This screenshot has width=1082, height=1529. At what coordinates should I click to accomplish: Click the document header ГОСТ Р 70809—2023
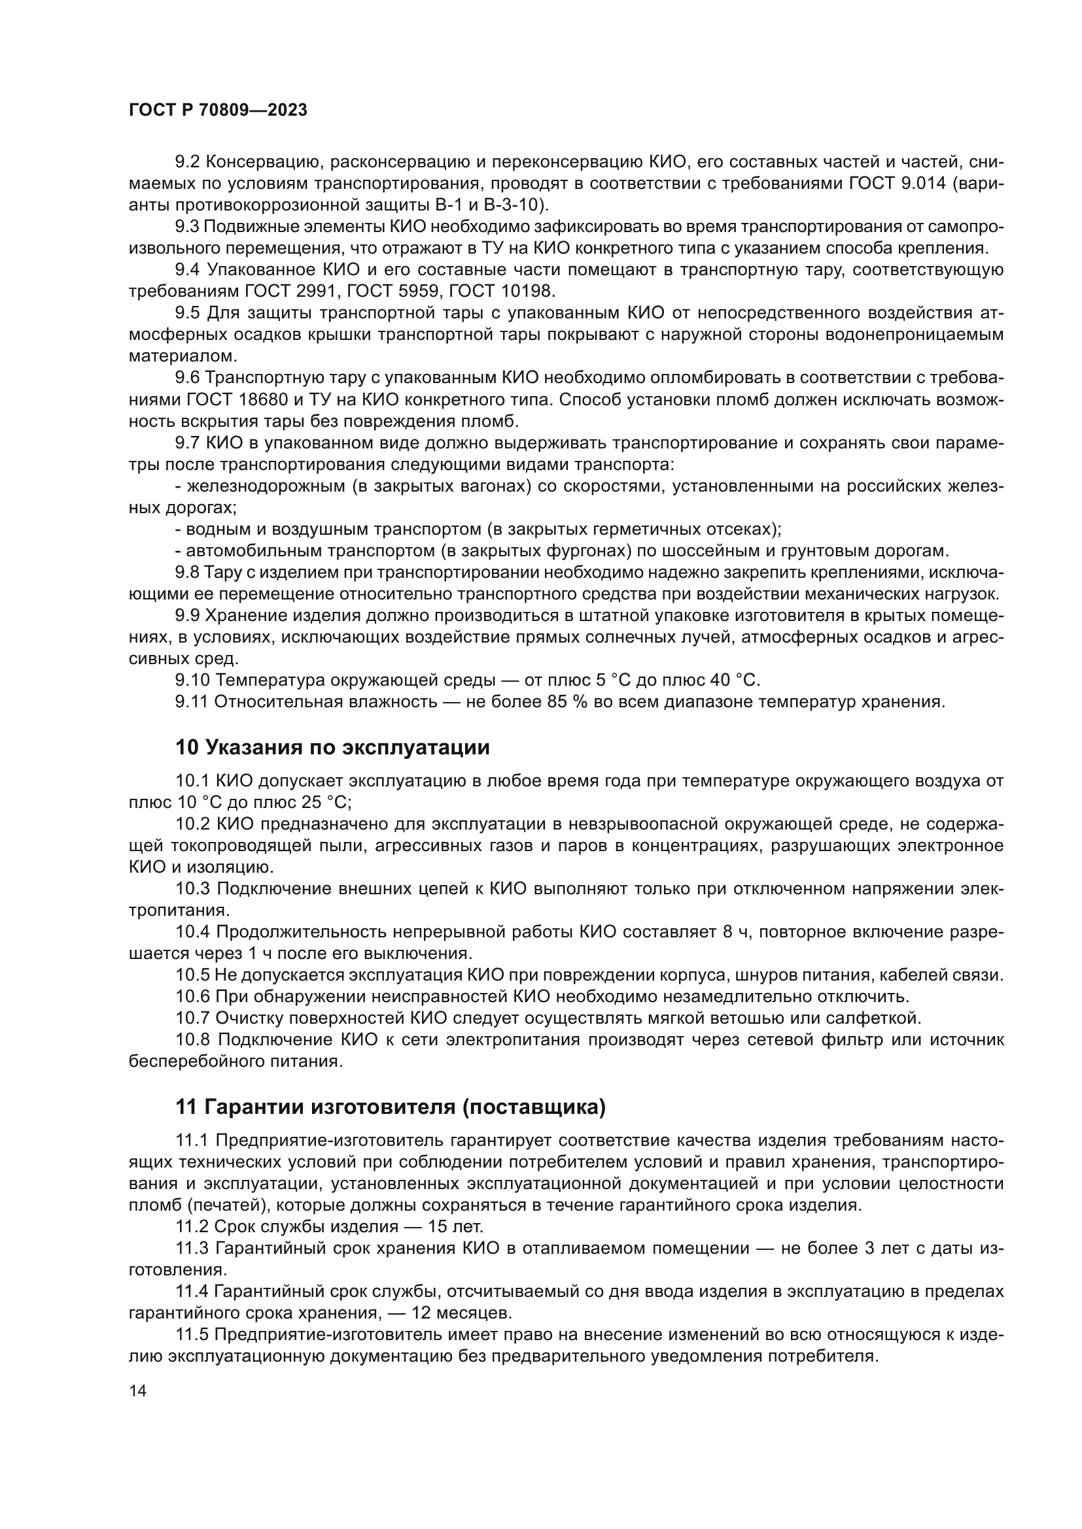tap(218, 110)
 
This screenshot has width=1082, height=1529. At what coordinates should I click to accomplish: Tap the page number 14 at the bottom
tap(137, 1390)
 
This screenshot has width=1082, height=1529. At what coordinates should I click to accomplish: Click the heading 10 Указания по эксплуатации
tap(332, 747)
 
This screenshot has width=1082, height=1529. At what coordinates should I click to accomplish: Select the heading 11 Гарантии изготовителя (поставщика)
tap(391, 1107)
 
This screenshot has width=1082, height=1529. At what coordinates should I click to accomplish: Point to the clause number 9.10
tap(192, 680)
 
